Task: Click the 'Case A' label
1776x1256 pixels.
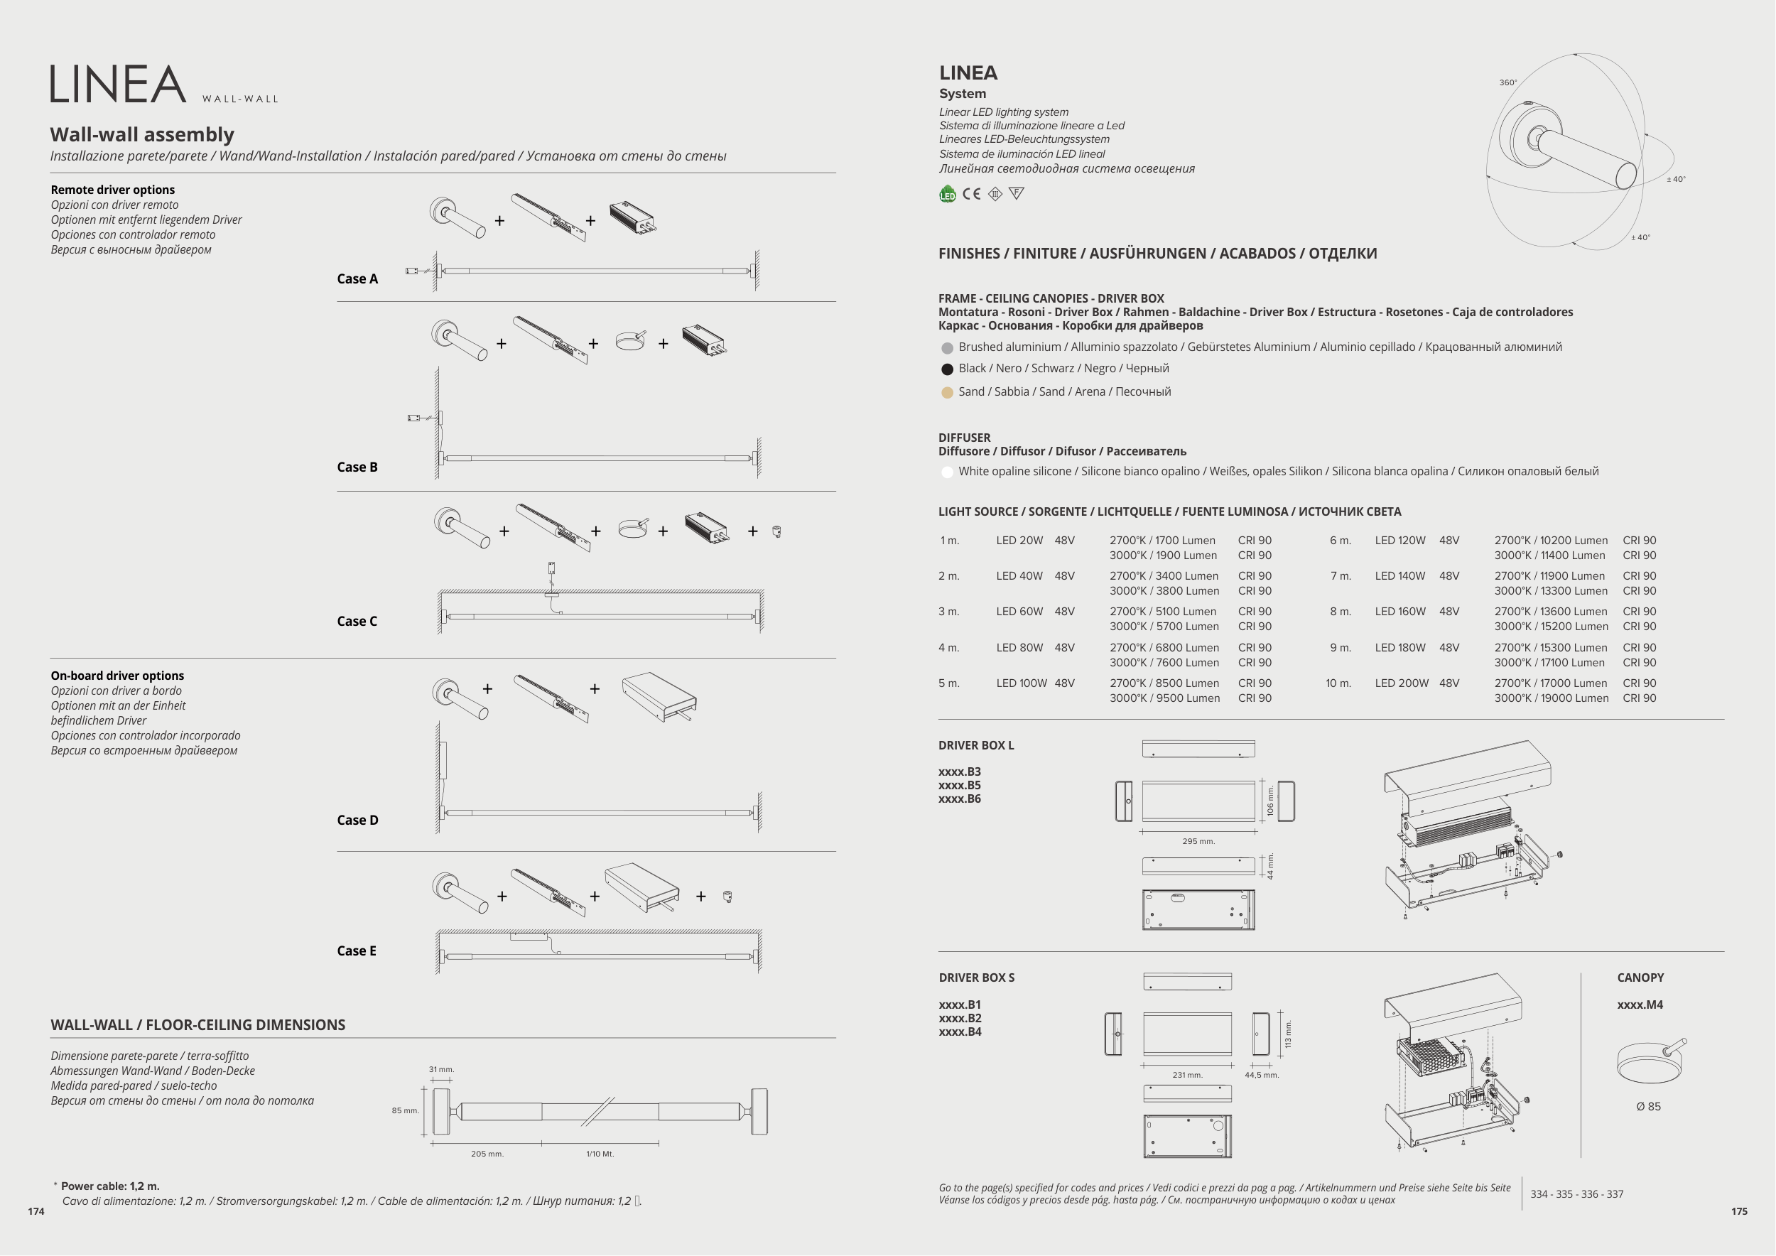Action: pyautogui.click(x=357, y=279)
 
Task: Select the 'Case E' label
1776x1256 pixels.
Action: pyautogui.click(x=357, y=951)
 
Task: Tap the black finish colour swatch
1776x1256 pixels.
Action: pyautogui.click(x=947, y=369)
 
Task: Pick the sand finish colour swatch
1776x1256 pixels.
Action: pyautogui.click(x=947, y=393)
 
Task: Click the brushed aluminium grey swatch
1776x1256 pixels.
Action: pyautogui.click(x=947, y=349)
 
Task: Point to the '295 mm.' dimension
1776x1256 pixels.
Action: pyautogui.click(x=1198, y=841)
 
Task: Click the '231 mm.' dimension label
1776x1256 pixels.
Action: pyautogui.click(x=1187, y=1075)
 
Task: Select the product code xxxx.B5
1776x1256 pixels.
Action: pyautogui.click(x=959, y=786)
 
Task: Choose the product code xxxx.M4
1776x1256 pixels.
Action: pyautogui.click(x=1640, y=1005)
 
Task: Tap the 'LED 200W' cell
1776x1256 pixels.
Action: pyautogui.click(x=1402, y=683)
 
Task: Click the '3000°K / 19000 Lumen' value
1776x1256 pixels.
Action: pyautogui.click(x=1551, y=698)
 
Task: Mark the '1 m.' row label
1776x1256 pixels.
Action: pyautogui.click(x=949, y=541)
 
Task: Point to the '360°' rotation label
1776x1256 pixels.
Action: pyautogui.click(x=1508, y=82)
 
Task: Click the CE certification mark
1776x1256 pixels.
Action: pyautogui.click(x=972, y=194)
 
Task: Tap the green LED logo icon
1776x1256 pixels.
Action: pyautogui.click(x=948, y=194)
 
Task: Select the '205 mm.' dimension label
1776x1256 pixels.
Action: pyautogui.click(x=487, y=1154)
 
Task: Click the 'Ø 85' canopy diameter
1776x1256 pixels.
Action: pyautogui.click(x=1648, y=1107)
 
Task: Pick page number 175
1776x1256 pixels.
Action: pyautogui.click(x=1739, y=1212)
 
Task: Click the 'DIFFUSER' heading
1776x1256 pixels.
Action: pyautogui.click(x=964, y=438)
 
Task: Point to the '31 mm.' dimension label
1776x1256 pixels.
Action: pyautogui.click(x=442, y=1070)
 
